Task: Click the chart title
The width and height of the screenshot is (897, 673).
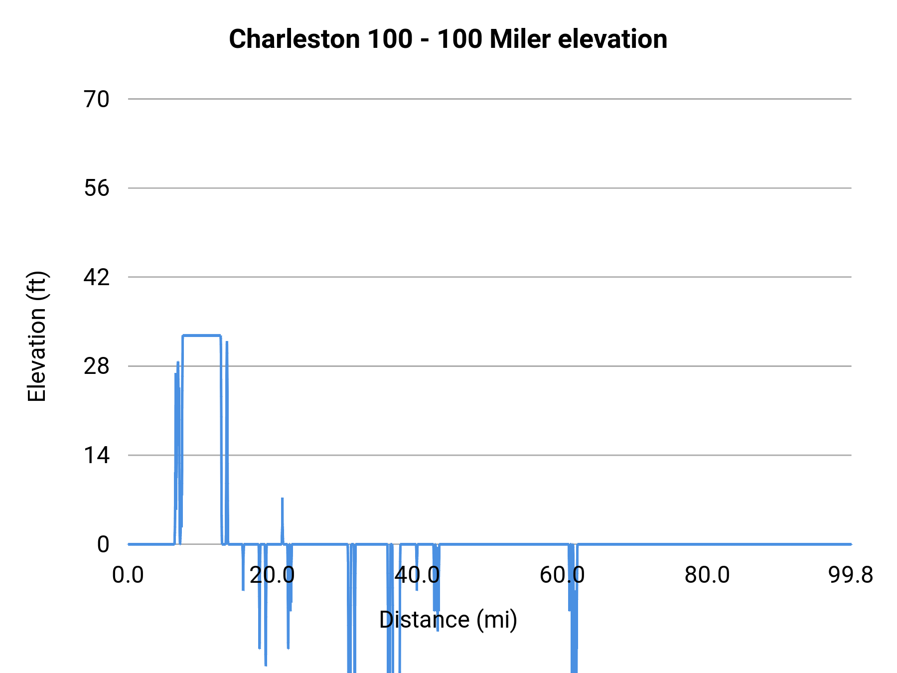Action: click(x=448, y=39)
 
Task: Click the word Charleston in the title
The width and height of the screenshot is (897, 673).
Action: click(x=294, y=39)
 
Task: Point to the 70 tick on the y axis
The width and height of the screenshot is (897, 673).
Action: click(x=96, y=99)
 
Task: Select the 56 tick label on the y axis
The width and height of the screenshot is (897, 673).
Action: click(x=96, y=188)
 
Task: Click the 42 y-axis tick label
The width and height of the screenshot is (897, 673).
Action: click(x=96, y=277)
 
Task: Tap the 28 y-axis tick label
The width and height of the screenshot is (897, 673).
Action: click(x=96, y=366)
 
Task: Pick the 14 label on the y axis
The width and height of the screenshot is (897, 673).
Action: click(x=96, y=455)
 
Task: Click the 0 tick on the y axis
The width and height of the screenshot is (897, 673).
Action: click(x=103, y=544)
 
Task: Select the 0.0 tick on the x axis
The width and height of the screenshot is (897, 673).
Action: click(x=128, y=575)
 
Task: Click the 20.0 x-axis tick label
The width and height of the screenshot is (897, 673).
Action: click(x=272, y=575)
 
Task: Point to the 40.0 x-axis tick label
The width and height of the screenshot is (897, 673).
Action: click(x=417, y=575)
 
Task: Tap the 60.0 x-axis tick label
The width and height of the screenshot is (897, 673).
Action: click(x=562, y=575)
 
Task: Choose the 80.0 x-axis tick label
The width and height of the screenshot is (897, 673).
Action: click(x=707, y=575)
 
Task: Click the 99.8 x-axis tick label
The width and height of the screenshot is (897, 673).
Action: click(x=851, y=575)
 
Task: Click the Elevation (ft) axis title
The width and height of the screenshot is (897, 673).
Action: click(x=37, y=336)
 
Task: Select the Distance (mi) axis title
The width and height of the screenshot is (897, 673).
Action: click(x=448, y=620)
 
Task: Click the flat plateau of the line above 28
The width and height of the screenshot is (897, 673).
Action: click(x=201, y=336)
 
